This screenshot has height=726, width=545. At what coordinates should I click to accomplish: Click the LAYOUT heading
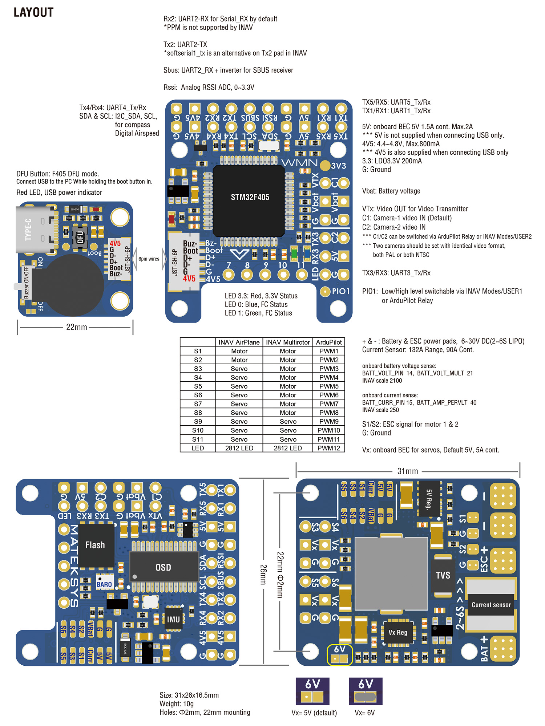coord(33,12)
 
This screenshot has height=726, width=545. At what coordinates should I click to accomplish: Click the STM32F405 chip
coord(250,198)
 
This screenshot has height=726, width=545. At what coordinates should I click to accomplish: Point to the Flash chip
coord(95,545)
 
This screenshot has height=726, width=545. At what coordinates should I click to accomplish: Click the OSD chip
coord(163,567)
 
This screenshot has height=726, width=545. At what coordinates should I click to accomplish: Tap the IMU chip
coord(173,620)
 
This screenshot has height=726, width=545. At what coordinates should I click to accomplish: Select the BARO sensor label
coord(104,584)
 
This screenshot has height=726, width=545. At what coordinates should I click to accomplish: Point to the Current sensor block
coord(491,605)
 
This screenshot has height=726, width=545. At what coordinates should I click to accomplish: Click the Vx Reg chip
coord(398,632)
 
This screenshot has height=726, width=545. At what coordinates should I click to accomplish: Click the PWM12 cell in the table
coord(328,448)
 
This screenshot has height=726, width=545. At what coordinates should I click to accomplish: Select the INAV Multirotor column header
coord(287,342)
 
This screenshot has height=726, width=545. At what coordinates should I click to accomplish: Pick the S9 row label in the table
coord(198,422)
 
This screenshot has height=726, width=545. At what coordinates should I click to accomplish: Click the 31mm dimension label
coord(408,471)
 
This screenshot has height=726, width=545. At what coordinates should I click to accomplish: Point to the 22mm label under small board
coord(76,327)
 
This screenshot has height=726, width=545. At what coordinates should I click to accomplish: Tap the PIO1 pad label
coord(340,291)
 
